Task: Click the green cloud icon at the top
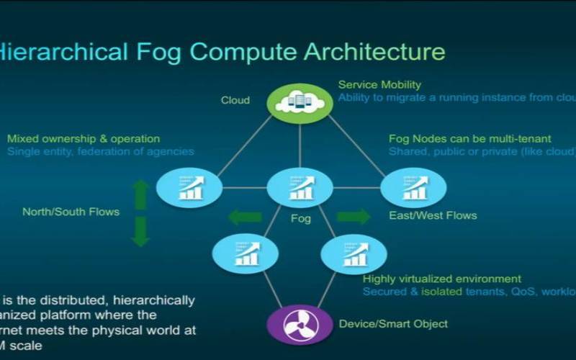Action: pos(300,102)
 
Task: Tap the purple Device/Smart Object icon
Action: pos(300,325)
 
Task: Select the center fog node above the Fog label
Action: pos(300,187)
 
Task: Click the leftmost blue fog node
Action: pos(189,187)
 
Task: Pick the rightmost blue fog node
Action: pos(413,187)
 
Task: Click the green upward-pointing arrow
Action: pos(141,194)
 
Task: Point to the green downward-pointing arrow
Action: pos(141,231)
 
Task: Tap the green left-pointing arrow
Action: pos(245,217)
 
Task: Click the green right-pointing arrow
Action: pos(354,217)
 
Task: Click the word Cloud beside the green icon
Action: pos(235,100)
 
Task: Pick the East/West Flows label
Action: pos(433,215)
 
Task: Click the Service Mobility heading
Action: pos(379,84)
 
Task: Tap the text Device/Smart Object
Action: pos(393,324)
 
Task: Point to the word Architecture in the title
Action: pos(374,52)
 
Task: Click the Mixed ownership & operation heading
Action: pos(84,138)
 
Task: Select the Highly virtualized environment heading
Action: pos(442,279)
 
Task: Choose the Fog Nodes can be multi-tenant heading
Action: pos(470,138)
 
